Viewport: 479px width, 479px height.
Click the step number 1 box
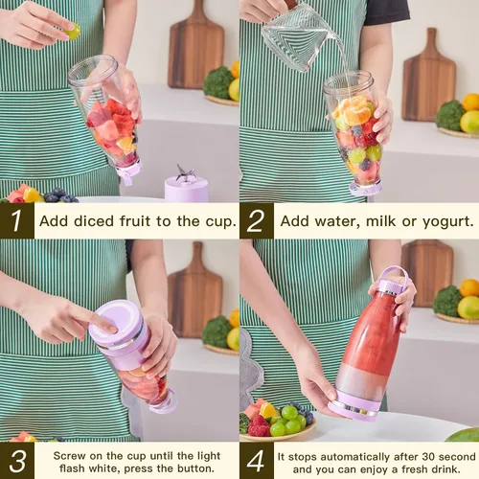(16, 220)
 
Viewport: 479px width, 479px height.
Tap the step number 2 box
(257, 220)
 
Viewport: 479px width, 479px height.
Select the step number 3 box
(16, 461)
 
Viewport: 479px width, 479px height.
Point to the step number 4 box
(257, 461)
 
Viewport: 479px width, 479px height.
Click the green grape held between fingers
(73, 32)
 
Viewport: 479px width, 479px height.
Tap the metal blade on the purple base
(185, 172)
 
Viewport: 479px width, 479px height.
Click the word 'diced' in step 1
(94, 221)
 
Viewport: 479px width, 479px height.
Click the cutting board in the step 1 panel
(195, 48)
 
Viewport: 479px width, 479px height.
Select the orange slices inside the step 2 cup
(354, 110)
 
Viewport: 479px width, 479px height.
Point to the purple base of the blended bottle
(353, 404)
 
